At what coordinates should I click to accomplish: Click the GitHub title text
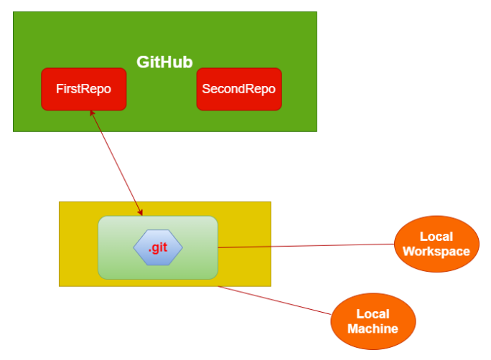(x=164, y=62)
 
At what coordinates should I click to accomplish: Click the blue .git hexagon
(x=158, y=248)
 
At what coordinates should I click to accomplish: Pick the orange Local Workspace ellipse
(x=436, y=244)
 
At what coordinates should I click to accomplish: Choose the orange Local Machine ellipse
(x=373, y=321)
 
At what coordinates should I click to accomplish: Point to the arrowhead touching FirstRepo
(x=90, y=113)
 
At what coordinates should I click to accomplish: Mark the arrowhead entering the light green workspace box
(x=141, y=212)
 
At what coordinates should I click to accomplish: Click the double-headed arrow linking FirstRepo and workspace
(x=115, y=162)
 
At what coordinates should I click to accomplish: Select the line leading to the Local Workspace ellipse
(x=309, y=246)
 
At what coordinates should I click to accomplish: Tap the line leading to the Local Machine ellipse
(x=276, y=300)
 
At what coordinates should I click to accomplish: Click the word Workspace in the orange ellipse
(x=436, y=252)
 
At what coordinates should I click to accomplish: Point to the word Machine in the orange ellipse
(x=373, y=329)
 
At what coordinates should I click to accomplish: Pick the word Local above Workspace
(x=436, y=237)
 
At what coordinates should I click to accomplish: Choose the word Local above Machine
(x=373, y=314)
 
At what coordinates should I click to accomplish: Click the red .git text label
(x=158, y=248)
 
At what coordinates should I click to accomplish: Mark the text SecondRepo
(x=239, y=90)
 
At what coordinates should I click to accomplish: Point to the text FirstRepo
(x=83, y=90)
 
